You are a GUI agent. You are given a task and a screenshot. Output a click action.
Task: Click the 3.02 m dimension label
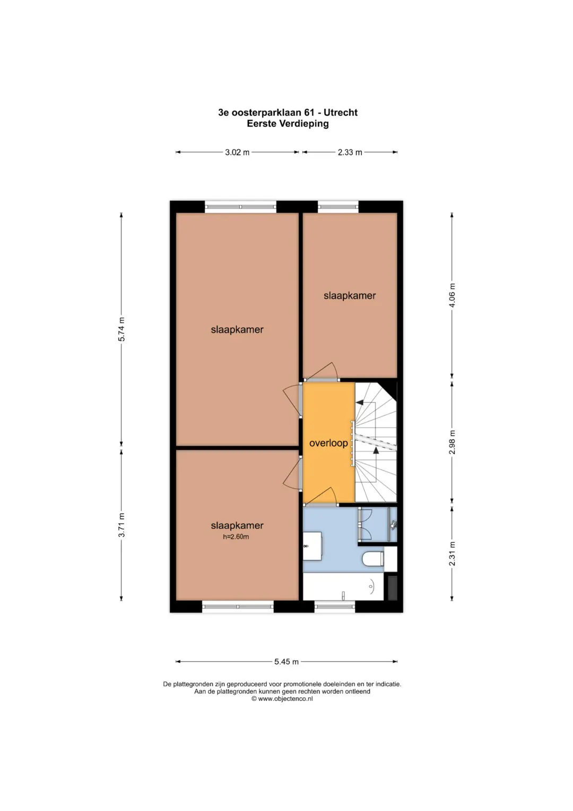[x=237, y=152]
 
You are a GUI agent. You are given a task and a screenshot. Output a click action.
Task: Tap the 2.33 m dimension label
[x=350, y=152]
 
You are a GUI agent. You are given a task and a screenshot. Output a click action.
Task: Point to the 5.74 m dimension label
[x=122, y=329]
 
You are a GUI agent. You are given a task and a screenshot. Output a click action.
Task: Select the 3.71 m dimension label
[x=122, y=525]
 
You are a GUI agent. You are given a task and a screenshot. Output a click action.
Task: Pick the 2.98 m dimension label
[x=453, y=442]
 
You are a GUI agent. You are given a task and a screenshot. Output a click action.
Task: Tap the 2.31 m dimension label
[x=453, y=554]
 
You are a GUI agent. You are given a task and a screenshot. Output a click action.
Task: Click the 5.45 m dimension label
[x=286, y=661]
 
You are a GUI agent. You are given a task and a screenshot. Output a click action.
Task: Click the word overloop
[x=328, y=443]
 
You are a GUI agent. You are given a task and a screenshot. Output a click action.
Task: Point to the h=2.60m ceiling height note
[x=236, y=536]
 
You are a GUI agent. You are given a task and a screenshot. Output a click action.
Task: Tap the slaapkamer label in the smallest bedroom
[x=350, y=296]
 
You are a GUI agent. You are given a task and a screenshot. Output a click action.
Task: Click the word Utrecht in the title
[x=341, y=113]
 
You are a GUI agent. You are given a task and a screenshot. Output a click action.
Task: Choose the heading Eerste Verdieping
[x=288, y=124]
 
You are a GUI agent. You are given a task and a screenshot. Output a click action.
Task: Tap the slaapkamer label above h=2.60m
[x=237, y=525]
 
